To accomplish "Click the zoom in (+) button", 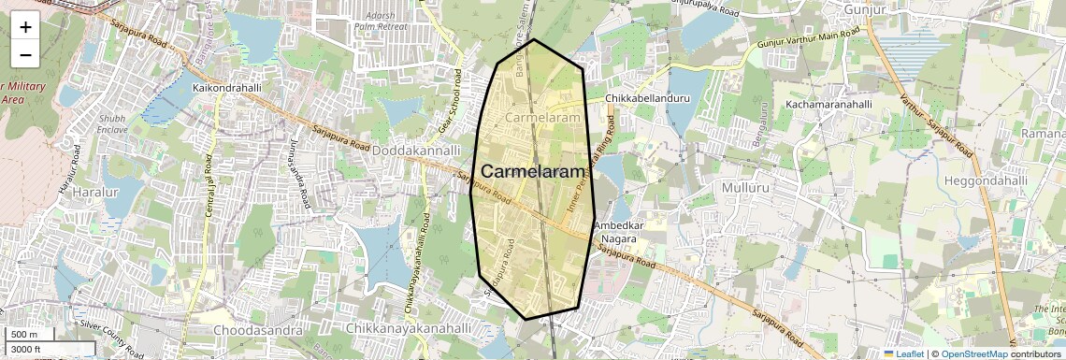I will point(25,26).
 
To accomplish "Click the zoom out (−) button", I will point(25,54).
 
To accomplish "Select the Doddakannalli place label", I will point(419,150).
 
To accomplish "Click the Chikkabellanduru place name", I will point(647,97).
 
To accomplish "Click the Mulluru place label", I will point(745,187).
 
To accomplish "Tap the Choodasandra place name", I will point(258,330).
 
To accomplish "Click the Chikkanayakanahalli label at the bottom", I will point(408,329).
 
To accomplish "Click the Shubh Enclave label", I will point(111,124).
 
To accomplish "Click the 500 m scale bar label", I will point(24,335).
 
